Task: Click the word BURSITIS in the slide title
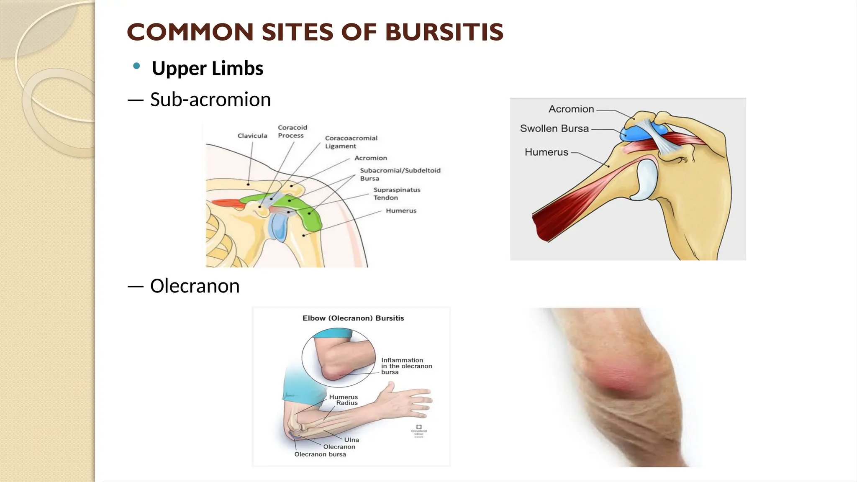[x=444, y=32]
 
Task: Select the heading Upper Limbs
[x=207, y=68]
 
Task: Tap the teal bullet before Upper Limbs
[x=136, y=66]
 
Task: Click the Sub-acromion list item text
[x=210, y=100]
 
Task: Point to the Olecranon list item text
[x=195, y=286]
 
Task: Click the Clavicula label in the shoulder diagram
[x=252, y=136]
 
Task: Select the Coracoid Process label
[x=292, y=131]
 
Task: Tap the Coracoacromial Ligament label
[x=351, y=142]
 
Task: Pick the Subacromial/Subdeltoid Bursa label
[x=400, y=174]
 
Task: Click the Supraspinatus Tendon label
[x=396, y=193]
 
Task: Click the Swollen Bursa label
[x=554, y=128]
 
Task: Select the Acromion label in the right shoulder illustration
[x=571, y=109]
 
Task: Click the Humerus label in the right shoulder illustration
[x=546, y=152]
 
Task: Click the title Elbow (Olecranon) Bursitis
[x=353, y=318]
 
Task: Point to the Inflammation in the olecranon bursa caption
[x=406, y=366]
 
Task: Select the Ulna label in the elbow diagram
[x=352, y=440]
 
